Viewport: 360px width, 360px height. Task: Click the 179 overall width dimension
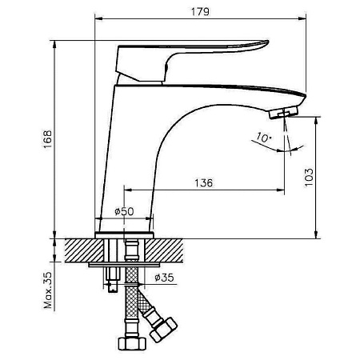200,12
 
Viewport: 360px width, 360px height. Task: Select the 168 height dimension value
48,140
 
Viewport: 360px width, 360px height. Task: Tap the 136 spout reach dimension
204,183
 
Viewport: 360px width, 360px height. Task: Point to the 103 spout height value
309,178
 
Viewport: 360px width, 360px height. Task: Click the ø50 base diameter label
124,211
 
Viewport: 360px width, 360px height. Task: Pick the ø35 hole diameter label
164,278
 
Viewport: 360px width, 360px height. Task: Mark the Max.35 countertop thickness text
48,290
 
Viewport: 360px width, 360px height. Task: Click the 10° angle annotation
263,137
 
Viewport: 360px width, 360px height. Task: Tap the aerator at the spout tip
283,112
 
